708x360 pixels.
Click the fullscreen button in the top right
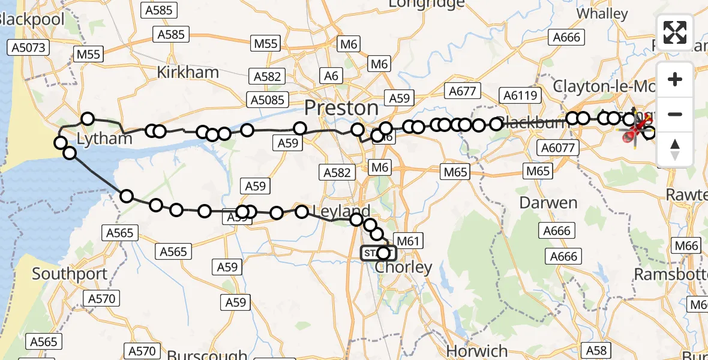coord(675,32)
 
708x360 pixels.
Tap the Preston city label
coord(341,108)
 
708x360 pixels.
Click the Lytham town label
coord(104,139)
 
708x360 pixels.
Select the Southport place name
coord(70,274)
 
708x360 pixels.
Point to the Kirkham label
coord(188,73)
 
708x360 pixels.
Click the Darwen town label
coord(548,203)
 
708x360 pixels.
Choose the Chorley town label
coord(403,268)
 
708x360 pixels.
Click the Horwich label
coord(478,350)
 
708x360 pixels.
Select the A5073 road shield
coord(28,47)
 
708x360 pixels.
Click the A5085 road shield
coord(268,100)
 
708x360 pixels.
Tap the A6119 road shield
coord(522,95)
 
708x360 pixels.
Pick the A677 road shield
coord(462,91)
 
